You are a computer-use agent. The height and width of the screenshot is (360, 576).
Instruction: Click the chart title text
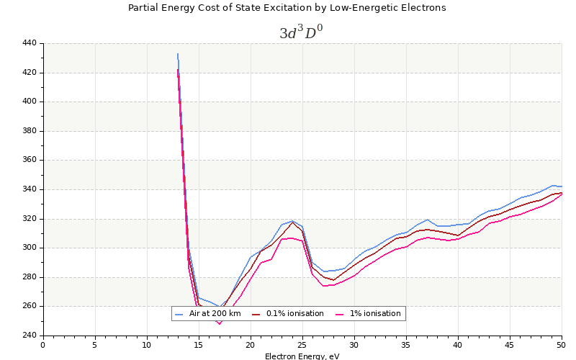point(287,8)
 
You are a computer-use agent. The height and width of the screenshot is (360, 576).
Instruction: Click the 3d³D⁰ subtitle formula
point(306,32)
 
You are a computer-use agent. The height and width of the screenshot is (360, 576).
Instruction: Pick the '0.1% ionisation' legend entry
point(294,314)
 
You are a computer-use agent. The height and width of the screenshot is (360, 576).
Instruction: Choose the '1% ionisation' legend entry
point(374,314)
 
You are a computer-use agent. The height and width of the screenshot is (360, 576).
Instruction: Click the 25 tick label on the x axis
point(302,345)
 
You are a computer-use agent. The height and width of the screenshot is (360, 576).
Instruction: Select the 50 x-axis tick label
point(562,345)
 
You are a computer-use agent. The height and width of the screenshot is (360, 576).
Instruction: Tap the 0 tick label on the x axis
point(43,345)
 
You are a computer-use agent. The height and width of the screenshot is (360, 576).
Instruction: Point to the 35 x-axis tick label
point(406,345)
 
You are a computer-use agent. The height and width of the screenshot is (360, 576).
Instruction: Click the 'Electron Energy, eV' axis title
point(302,356)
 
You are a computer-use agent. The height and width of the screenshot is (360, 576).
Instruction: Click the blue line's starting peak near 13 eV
point(178,54)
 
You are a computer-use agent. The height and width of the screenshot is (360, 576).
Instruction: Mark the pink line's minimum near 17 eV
point(220,324)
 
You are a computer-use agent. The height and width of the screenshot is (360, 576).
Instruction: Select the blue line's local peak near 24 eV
point(292,221)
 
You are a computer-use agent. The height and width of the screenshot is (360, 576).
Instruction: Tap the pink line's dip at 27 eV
point(323,286)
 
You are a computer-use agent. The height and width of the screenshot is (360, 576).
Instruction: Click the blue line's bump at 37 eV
point(427,220)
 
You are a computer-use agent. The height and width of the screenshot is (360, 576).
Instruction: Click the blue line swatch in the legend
point(179,314)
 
